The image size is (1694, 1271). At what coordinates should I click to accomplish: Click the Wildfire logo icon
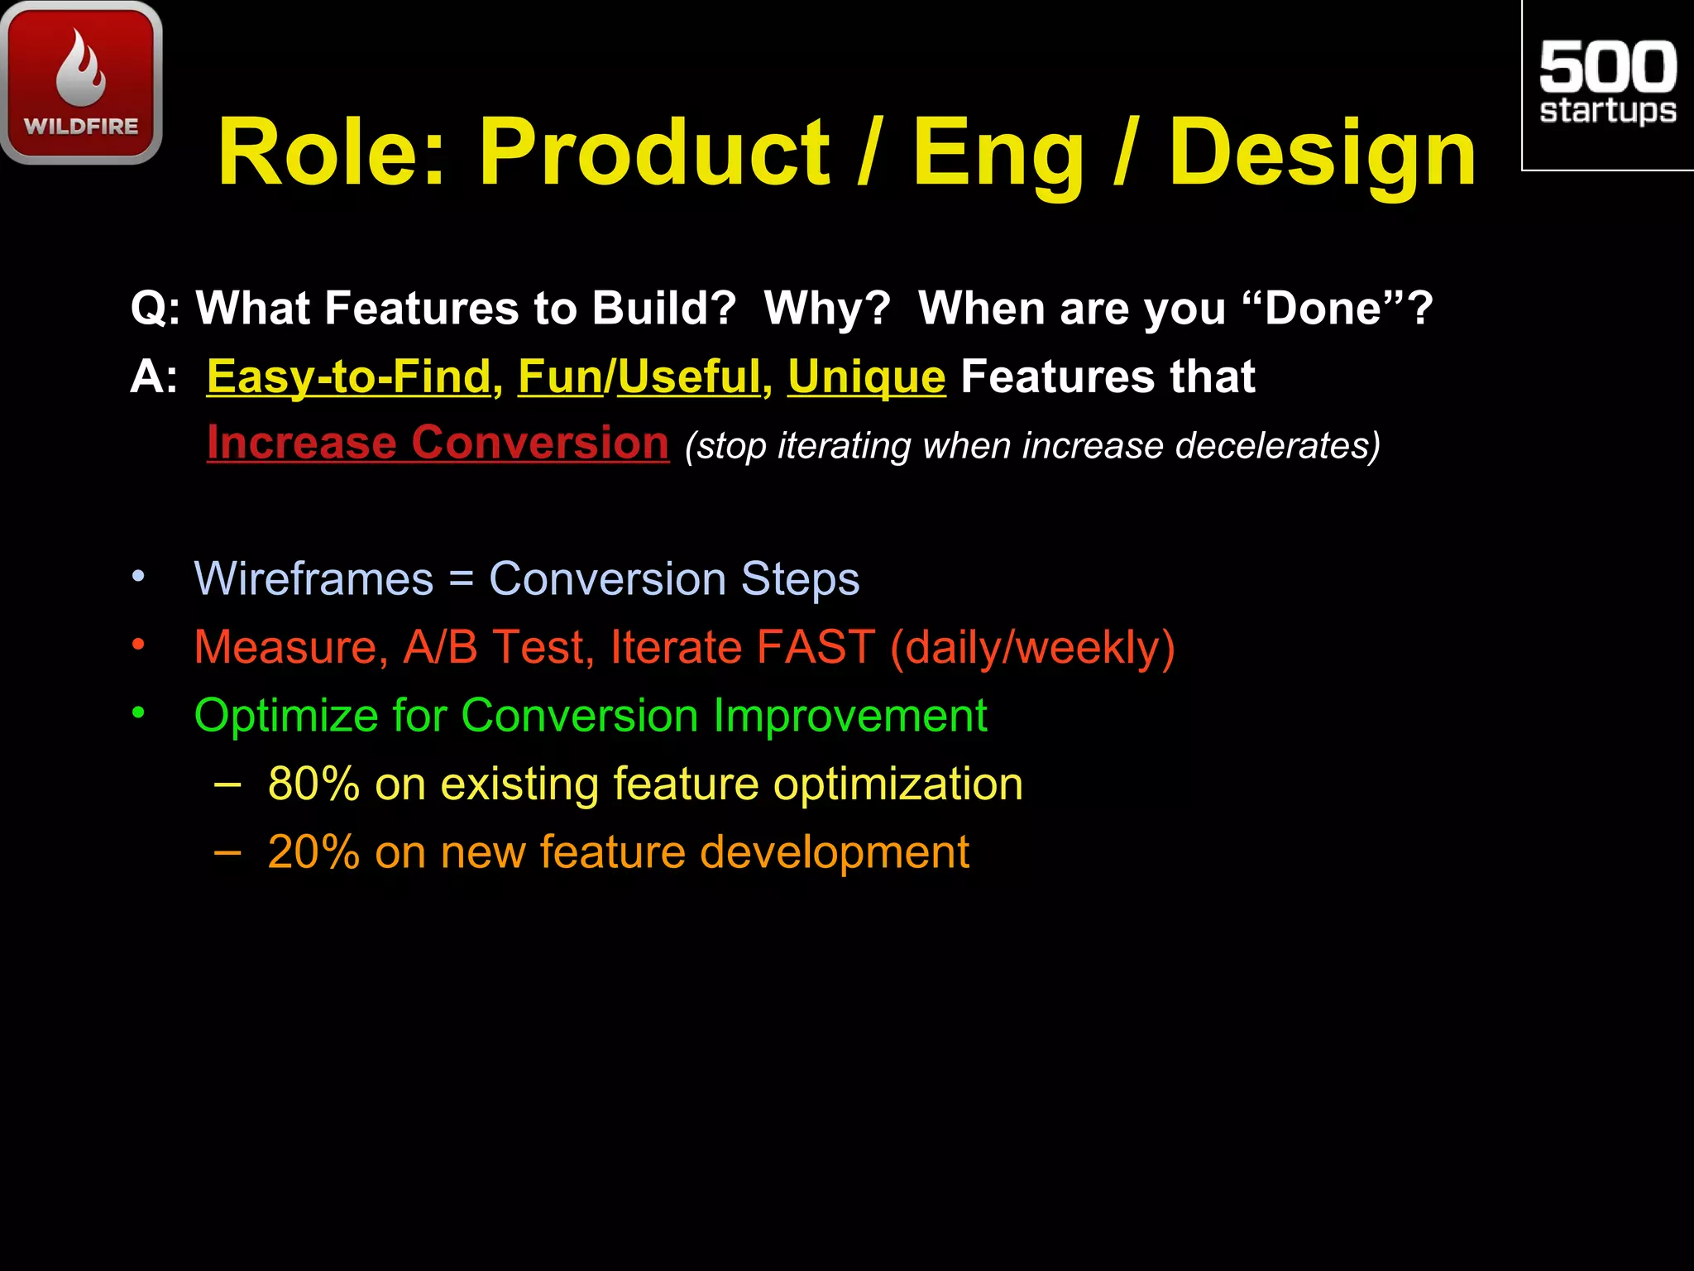81,83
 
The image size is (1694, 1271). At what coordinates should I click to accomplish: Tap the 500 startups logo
1607,83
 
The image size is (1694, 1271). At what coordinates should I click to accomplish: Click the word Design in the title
1322,153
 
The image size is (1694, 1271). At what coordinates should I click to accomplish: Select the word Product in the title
653,153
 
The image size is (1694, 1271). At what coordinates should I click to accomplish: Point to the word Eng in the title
998,153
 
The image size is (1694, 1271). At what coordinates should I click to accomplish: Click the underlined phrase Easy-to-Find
349,377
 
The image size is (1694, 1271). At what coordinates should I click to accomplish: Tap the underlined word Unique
866,377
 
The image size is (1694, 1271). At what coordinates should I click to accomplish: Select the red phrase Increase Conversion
438,443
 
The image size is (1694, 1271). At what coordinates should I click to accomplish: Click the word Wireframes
313,578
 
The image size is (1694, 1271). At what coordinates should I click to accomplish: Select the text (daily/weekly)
1032,647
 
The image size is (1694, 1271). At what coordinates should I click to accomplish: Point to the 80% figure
313,784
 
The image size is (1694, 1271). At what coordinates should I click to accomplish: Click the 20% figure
313,852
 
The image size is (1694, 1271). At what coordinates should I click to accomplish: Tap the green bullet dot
138,712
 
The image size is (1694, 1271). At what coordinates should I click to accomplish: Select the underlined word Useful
688,377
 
